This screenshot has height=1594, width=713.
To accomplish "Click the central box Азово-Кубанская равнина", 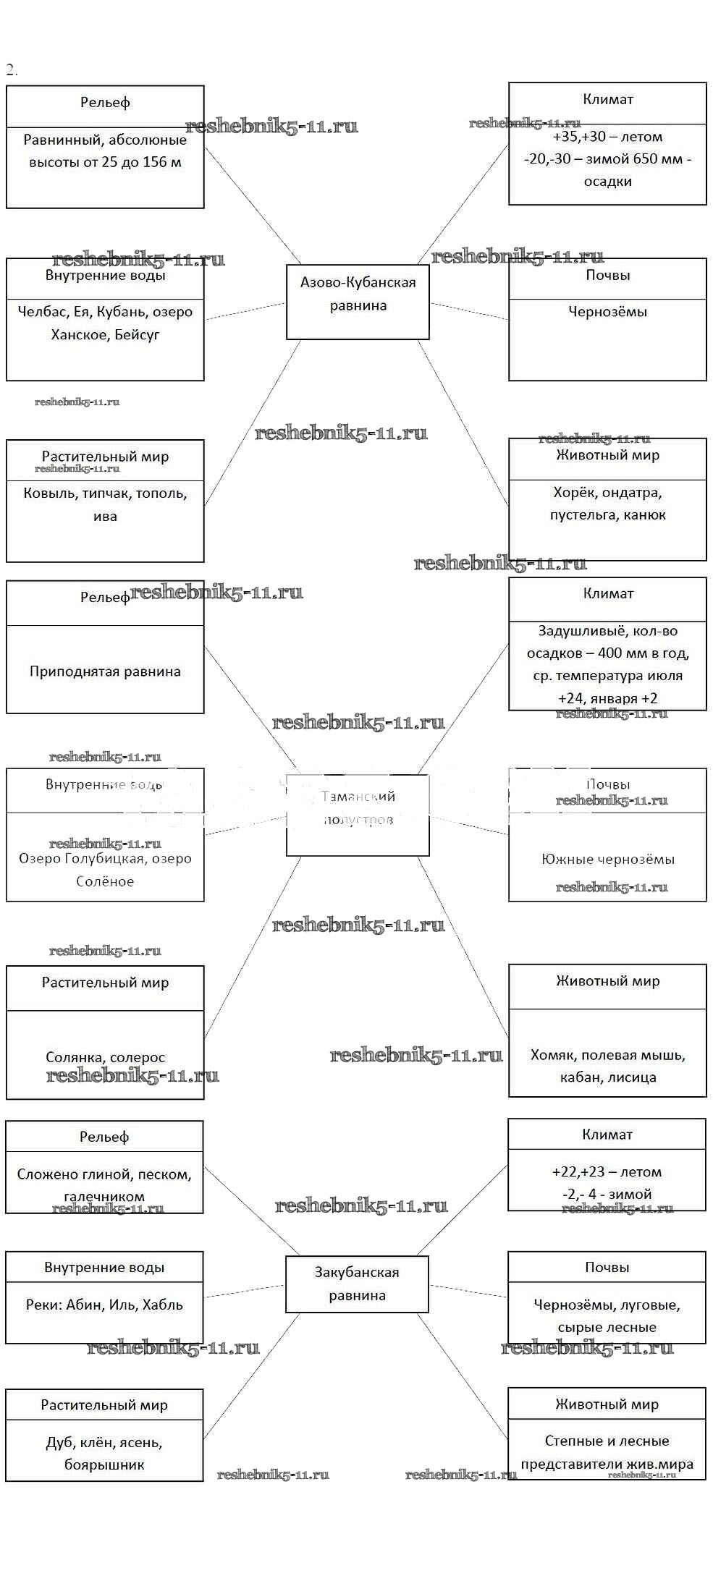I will (358, 294).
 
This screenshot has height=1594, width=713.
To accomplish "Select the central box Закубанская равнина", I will (357, 1284).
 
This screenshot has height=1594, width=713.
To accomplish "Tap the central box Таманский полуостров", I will (358, 807).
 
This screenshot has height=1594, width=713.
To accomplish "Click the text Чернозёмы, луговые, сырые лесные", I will (607, 1316).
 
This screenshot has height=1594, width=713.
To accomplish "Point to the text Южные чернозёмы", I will (607, 859).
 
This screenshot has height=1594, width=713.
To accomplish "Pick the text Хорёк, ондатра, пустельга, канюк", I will (607, 504).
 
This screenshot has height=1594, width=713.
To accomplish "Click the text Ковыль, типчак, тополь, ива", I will (105, 504).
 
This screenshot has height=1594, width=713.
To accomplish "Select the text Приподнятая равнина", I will (105, 671).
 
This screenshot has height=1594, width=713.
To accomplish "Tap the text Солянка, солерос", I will (105, 1057).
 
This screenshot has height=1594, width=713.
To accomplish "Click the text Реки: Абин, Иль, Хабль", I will (104, 1305).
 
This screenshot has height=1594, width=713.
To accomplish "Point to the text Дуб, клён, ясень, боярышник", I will (104, 1454).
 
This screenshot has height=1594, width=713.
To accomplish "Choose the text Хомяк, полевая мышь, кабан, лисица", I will (607, 1066).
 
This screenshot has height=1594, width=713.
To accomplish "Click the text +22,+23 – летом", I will (607, 1171).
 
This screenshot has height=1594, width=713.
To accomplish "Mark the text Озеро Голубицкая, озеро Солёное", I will (105, 870).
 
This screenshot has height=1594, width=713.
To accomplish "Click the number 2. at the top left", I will (12, 69).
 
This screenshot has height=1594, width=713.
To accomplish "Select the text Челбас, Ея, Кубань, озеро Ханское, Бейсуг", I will (105, 323).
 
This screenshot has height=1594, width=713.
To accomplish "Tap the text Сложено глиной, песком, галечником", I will (104, 1184).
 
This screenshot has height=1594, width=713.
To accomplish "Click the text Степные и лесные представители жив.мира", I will (607, 1452).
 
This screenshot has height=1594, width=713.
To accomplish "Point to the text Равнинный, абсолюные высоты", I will (105, 151).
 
